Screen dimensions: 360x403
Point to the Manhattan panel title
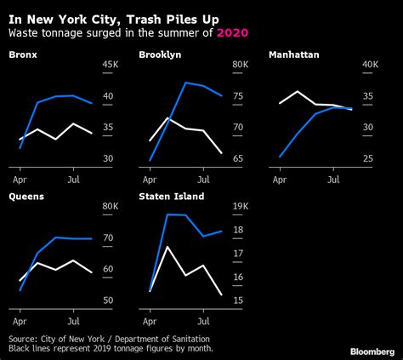(294, 55)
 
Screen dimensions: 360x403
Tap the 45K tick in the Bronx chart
(110, 66)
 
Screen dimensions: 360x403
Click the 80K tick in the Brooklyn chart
(240, 66)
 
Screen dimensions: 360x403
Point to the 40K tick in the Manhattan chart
(370, 66)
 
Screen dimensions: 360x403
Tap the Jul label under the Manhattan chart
(334, 180)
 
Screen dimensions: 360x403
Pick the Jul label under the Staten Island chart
(204, 322)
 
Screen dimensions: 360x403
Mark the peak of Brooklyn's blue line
(185, 83)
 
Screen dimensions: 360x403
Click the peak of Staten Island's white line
(167, 247)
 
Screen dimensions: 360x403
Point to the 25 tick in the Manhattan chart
(367, 159)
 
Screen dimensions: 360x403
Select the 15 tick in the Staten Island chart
(237, 300)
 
